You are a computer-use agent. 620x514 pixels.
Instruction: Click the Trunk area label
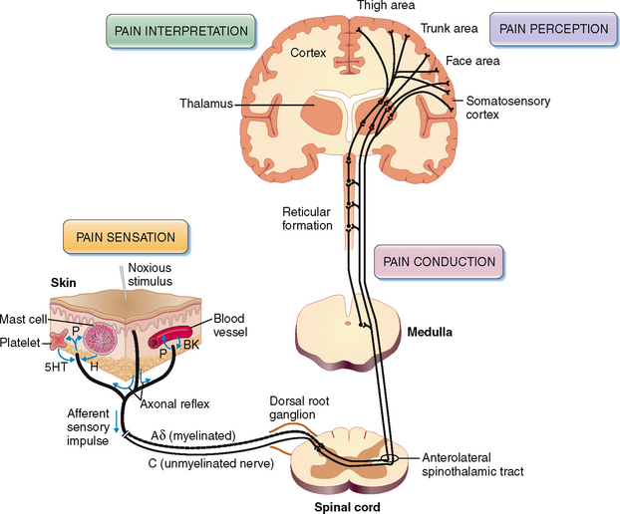[x=450, y=28]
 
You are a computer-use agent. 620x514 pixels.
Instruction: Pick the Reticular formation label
[x=307, y=218]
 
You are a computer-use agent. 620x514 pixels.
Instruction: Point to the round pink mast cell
[x=103, y=341]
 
